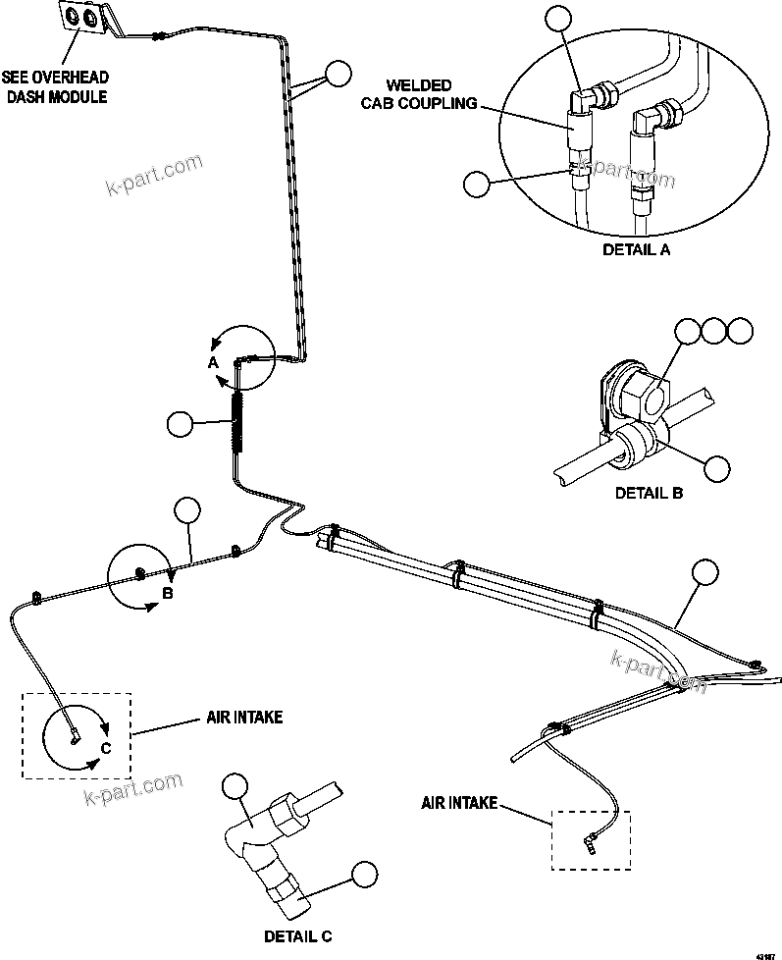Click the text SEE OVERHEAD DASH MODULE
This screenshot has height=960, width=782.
coord(55,86)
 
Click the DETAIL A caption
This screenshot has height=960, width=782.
coord(636,249)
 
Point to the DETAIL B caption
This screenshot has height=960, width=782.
coord(649,493)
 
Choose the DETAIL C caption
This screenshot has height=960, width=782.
coord(297,935)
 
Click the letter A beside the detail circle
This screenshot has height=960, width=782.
coord(211,361)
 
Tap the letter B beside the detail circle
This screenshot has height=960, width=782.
coord(167,593)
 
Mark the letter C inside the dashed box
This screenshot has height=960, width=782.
coord(107,749)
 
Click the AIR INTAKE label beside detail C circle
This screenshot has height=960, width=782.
coord(244,718)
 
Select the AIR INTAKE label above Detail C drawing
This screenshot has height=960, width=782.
coord(460,803)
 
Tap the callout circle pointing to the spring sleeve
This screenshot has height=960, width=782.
coord(181,424)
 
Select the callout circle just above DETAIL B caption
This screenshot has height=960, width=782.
coord(717,468)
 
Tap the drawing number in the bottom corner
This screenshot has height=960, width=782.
coord(764,953)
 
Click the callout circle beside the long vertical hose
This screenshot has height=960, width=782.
coord(339,73)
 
